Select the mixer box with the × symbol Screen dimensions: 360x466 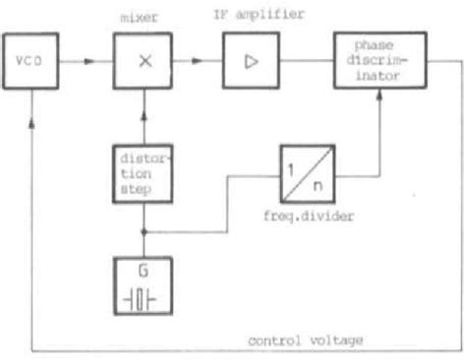point(144,61)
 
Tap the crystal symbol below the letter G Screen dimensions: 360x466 point(144,298)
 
